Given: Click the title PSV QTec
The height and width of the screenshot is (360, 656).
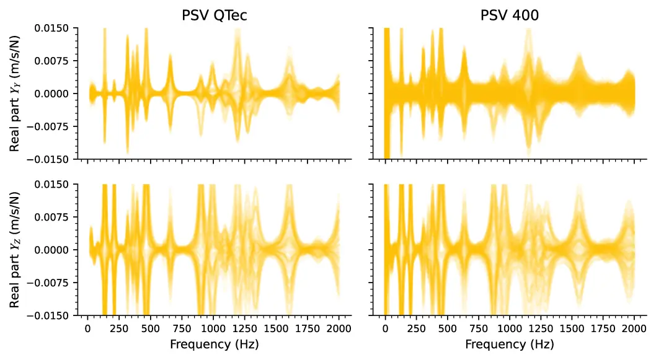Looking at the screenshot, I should click(x=214, y=15).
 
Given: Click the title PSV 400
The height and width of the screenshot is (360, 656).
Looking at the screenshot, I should click(x=510, y=15).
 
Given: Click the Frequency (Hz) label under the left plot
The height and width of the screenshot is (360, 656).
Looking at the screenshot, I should click(x=214, y=344).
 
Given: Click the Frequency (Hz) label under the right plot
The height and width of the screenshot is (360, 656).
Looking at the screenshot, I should click(x=510, y=344).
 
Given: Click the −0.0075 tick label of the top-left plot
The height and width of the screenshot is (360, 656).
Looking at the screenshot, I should click(x=53, y=126).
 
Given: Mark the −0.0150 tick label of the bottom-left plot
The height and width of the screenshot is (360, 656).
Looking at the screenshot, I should click(x=53, y=315).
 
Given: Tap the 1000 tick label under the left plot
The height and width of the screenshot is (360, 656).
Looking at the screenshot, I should click(x=213, y=328).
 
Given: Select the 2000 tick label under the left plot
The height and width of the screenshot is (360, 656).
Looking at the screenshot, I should click(x=339, y=328).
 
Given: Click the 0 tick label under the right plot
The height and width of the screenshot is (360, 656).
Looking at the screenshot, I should click(x=385, y=328).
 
